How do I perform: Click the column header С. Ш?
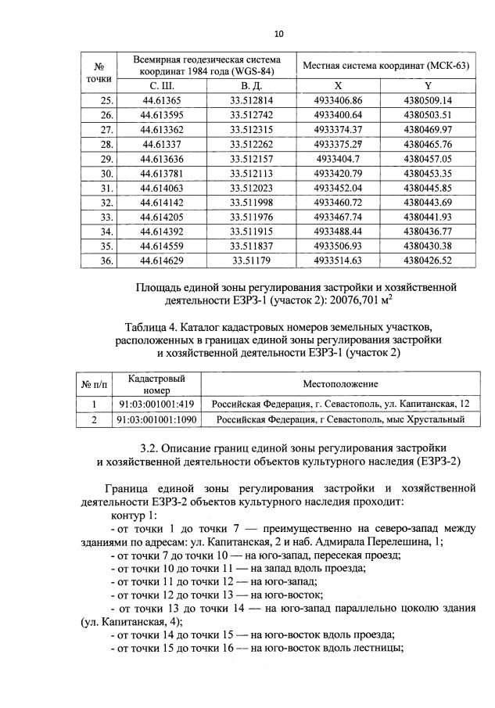coord(163,85)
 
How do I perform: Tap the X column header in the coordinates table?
coord(338,85)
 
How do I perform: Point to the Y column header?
coord(428,85)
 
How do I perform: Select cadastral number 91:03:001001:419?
coord(156,404)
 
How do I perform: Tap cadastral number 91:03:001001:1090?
coord(156,419)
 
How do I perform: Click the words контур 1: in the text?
coord(135,517)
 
